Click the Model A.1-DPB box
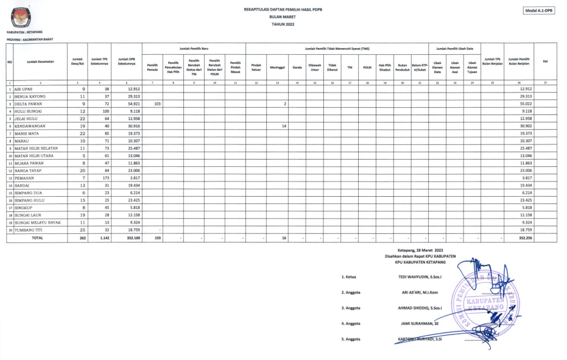[x=540, y=10]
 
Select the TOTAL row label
[x=37, y=238]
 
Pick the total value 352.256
[x=520, y=238]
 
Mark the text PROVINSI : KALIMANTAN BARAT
[x=29, y=39]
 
